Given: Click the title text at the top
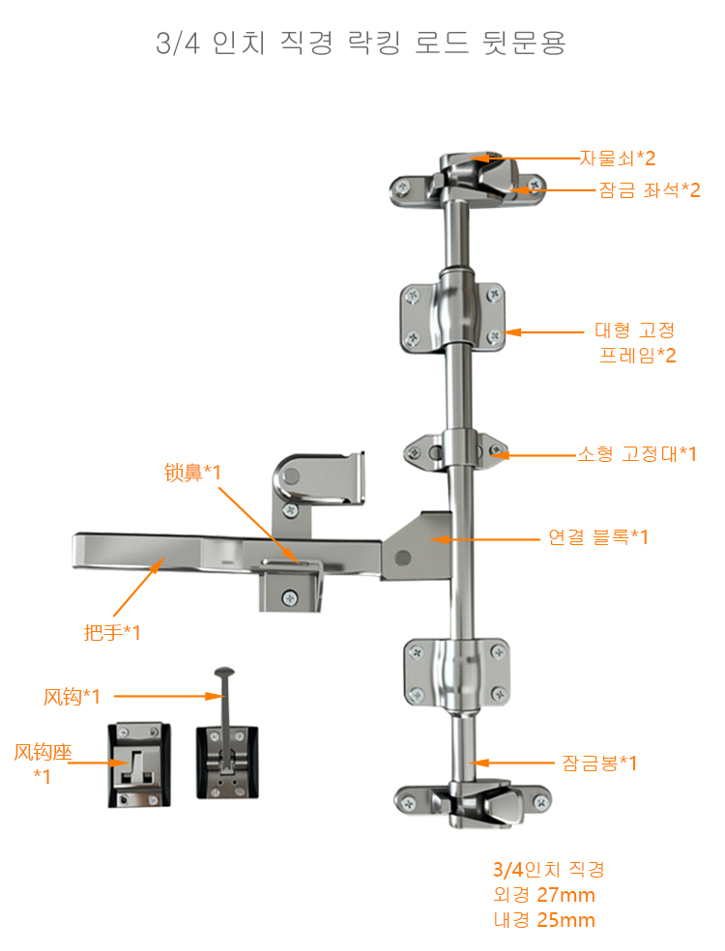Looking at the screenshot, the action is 361,43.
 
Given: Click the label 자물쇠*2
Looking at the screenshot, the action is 617,158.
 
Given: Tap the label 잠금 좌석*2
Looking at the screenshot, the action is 650,190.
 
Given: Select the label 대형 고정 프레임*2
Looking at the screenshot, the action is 635,343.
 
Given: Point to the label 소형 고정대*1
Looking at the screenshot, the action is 637,453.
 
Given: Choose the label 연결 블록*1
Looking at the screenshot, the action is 598,536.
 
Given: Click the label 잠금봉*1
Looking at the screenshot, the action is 599,763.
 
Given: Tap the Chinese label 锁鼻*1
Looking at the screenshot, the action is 192,472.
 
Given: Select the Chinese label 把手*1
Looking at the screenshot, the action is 112,633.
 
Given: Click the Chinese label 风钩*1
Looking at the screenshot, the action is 72,696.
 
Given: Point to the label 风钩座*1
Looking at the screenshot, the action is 43,764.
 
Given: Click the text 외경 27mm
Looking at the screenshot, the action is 544,895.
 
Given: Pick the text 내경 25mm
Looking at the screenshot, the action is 544,920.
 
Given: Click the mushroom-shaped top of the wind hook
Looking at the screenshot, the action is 224,672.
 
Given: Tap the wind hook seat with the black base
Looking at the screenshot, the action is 139,764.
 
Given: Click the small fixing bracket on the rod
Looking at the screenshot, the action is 456,452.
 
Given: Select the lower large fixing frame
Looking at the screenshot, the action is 457,675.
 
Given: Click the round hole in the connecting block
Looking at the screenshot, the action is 403,558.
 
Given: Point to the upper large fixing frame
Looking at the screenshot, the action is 452,317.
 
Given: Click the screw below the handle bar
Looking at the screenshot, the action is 290,598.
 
